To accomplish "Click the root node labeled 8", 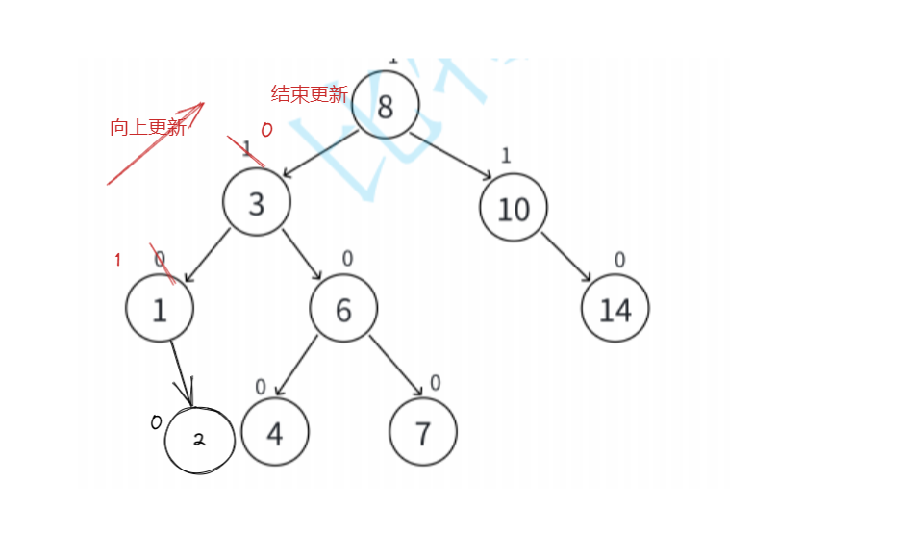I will click(x=386, y=105).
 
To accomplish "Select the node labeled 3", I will click(x=256, y=203).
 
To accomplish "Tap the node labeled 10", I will click(x=514, y=208).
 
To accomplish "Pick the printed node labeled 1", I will click(x=160, y=308).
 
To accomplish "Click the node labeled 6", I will click(x=343, y=308).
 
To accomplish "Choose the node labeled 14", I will click(x=615, y=308).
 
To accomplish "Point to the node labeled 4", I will click(x=275, y=433).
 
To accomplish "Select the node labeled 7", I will click(x=423, y=433).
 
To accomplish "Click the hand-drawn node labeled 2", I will click(x=199, y=440).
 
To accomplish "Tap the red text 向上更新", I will click(x=147, y=127).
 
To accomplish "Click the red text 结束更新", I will click(x=309, y=94).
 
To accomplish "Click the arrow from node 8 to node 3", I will click(x=321, y=153).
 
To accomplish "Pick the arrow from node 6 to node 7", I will click(x=395, y=366).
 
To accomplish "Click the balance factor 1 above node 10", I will click(x=506, y=155).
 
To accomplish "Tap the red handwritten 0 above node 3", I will click(x=266, y=130).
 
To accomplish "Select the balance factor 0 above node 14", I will click(x=619, y=260).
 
